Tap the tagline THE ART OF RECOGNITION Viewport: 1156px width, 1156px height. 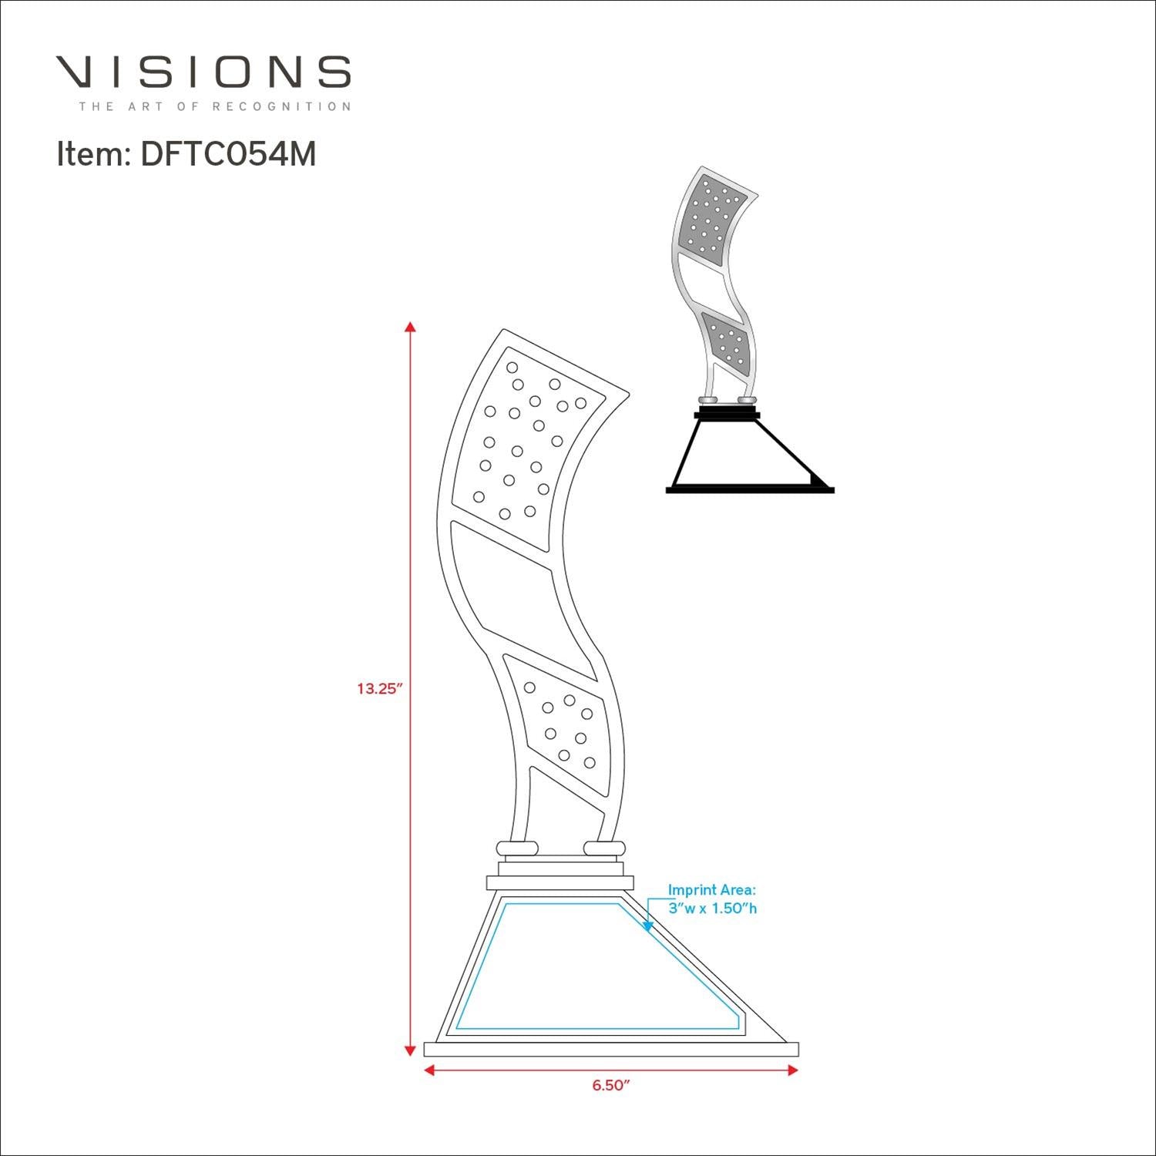tap(214, 106)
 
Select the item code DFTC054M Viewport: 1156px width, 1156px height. tap(228, 155)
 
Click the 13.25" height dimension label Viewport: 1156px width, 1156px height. tap(380, 689)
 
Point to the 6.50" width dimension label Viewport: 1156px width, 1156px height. tap(611, 1085)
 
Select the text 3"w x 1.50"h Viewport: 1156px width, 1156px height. tap(712, 909)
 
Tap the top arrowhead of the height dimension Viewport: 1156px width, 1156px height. tap(411, 326)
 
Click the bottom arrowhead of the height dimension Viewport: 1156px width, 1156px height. tap(411, 1050)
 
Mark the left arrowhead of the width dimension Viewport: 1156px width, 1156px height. tap(429, 1070)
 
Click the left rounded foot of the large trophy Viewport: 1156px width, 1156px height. tap(517, 848)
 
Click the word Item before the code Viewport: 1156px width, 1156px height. tap(90, 155)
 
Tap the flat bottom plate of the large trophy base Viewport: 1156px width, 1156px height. tap(611, 1049)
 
